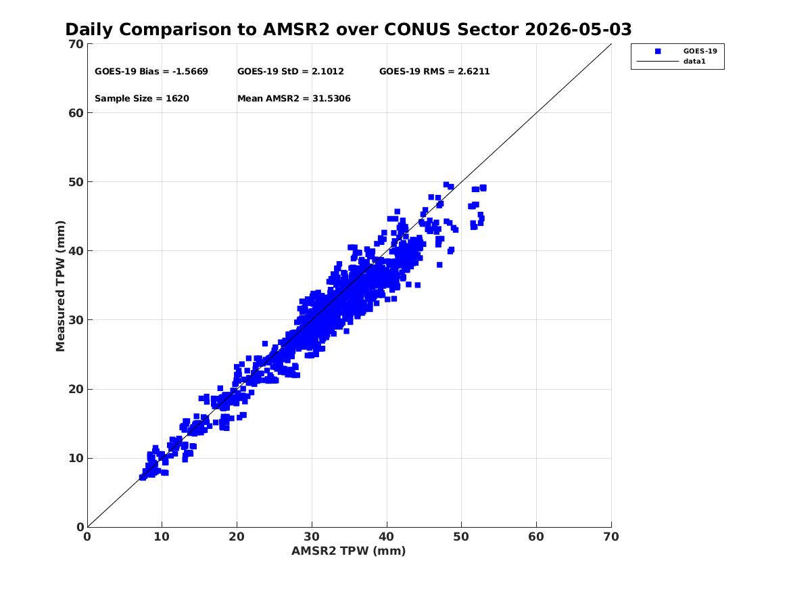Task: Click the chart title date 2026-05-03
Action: click(578, 30)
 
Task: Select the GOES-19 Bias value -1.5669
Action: click(190, 72)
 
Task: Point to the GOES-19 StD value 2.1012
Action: click(328, 72)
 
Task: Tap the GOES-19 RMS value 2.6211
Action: click(473, 72)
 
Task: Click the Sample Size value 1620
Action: click(177, 99)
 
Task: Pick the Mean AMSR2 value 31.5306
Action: click(331, 99)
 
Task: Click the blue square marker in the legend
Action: click(658, 51)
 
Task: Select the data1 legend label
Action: click(694, 62)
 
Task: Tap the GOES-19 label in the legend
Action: click(700, 51)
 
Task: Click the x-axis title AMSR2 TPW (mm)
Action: click(349, 551)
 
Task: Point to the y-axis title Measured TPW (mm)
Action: click(60, 286)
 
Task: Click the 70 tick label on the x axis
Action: click(611, 537)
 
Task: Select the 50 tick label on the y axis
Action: click(76, 182)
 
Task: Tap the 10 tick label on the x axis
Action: click(162, 537)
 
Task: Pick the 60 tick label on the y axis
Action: click(76, 113)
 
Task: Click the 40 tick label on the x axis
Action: click(387, 537)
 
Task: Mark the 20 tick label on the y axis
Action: click(76, 389)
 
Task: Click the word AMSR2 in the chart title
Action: click(296, 30)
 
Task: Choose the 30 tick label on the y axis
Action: click(76, 320)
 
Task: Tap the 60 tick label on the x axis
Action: click(536, 537)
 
